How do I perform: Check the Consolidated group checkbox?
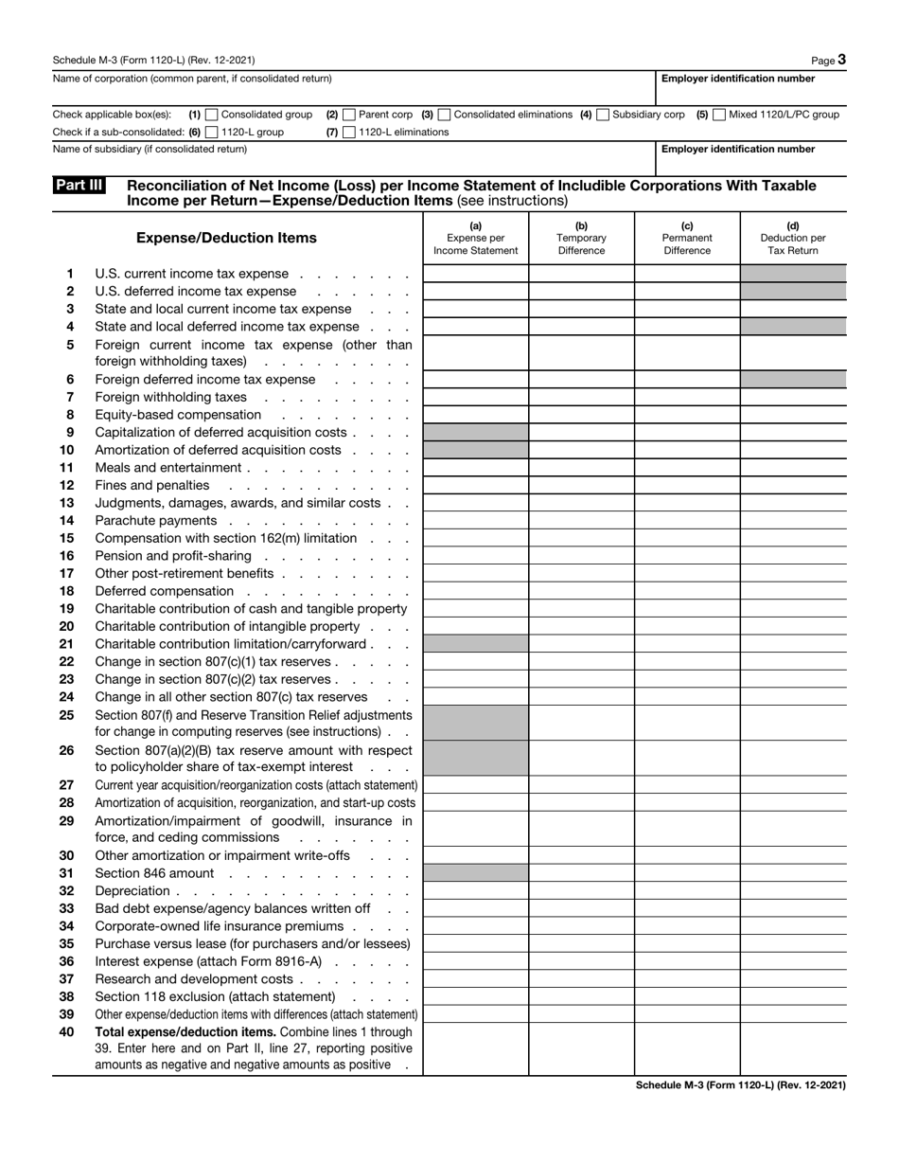212,115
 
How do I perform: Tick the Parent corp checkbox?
350,115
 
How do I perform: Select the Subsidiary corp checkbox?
603,115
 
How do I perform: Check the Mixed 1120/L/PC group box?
719,115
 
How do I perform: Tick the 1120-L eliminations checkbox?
349,133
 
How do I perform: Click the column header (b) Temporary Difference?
581,238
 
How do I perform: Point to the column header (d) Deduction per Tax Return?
793,238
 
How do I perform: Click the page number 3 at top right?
841,60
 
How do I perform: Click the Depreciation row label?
132,891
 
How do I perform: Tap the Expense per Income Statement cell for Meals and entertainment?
475,468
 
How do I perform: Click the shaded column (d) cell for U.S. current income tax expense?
793,274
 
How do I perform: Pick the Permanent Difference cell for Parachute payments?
687,521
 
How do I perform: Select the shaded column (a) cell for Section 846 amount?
475,873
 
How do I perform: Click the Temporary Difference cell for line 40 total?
581,1048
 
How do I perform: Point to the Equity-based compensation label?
178,415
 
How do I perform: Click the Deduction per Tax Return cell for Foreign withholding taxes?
793,397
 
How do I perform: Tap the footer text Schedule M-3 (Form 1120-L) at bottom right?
741,1085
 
